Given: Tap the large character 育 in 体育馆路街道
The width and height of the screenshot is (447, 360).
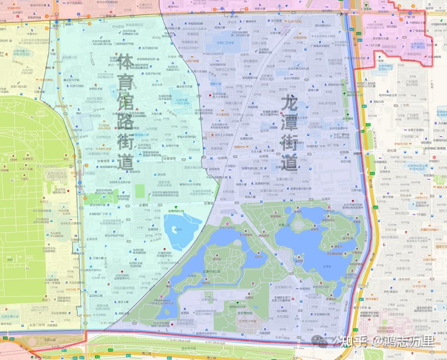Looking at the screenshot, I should coord(125,82).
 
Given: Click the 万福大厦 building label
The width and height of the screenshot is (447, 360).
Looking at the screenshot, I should coord(98,258).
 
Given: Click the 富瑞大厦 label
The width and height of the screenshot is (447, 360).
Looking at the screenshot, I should coord(314,89).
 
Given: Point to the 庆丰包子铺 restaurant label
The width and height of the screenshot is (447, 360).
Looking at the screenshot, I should coord(419,286).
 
